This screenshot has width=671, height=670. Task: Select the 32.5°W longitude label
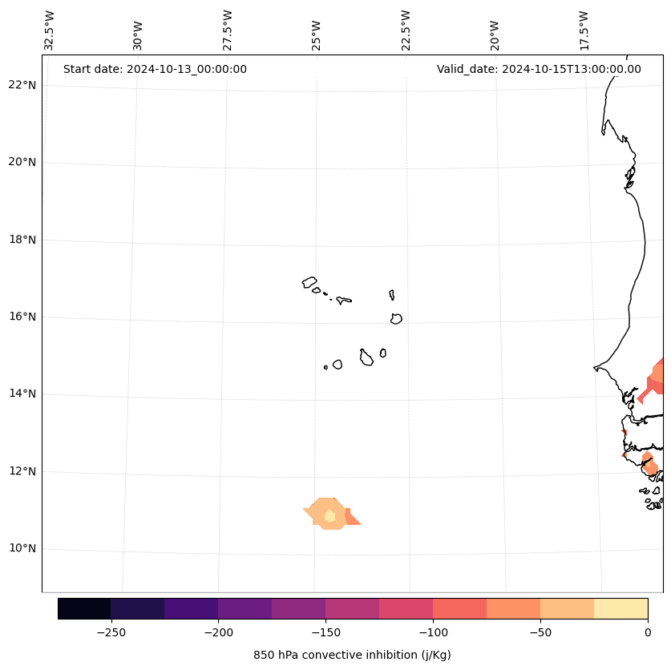50,30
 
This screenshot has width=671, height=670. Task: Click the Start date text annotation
155,69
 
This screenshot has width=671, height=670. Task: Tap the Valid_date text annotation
539,69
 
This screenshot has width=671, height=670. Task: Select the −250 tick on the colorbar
111,632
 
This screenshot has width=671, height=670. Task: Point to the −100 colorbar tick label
433,632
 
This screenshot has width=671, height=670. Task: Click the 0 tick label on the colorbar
648,632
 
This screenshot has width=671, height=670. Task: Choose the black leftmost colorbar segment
84,608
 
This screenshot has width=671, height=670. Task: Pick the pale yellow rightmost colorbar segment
620,608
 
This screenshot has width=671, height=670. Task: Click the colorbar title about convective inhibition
352,655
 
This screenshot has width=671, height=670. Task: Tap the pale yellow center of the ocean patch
329,516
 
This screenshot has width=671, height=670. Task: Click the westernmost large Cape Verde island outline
309,282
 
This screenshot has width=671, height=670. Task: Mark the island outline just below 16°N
396,319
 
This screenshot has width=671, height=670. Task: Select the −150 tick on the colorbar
325,632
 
